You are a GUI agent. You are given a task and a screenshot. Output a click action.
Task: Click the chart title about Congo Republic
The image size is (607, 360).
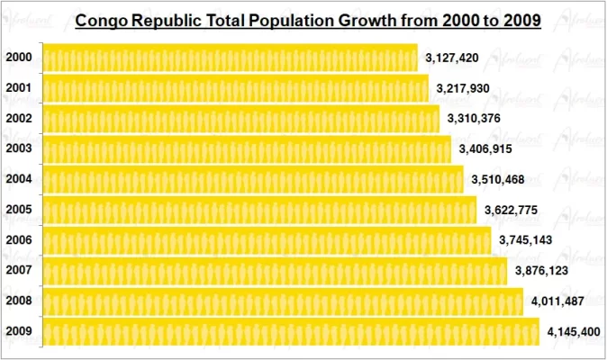point(307,21)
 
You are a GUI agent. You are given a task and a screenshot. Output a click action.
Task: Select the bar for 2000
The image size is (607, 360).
point(230,58)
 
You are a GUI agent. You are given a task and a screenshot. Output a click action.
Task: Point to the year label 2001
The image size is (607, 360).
point(19,88)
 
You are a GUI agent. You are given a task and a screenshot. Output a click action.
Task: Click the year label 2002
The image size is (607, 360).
point(19,119)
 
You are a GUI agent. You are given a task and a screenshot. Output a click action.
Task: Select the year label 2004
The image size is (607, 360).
point(19,179)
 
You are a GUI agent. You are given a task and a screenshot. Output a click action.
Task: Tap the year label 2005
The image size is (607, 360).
point(19,210)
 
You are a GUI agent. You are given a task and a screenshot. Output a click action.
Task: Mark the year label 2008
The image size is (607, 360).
point(19,301)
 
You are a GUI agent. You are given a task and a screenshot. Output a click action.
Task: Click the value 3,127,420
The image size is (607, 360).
point(452,58)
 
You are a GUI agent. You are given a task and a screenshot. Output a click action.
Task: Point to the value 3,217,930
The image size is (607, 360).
point(463,89)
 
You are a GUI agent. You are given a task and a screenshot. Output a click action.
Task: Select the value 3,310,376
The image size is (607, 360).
point(475,119)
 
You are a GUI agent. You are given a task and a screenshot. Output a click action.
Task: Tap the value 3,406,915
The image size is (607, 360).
point(486,149)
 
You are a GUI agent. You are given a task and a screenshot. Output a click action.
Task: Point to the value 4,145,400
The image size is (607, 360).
point(574,332)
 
